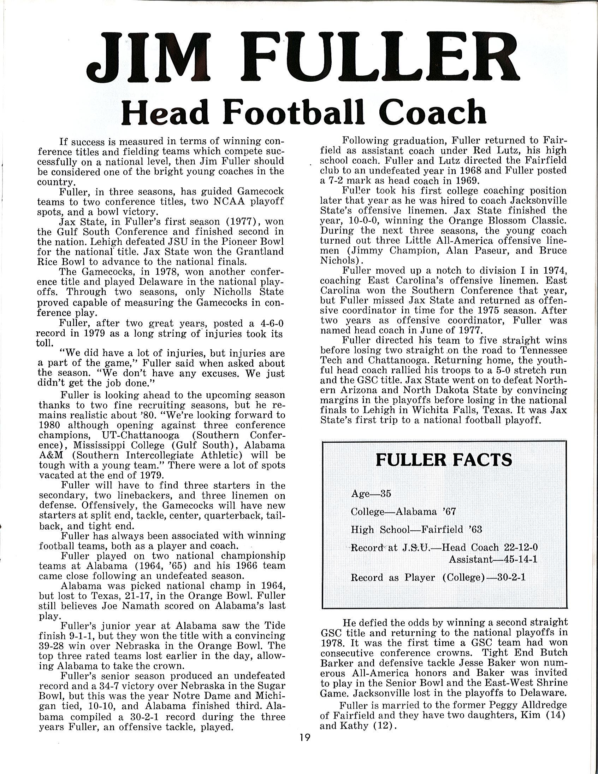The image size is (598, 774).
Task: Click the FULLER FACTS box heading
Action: click(x=444, y=460)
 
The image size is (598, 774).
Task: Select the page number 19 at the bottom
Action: click(x=304, y=738)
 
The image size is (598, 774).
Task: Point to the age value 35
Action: click(x=385, y=494)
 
